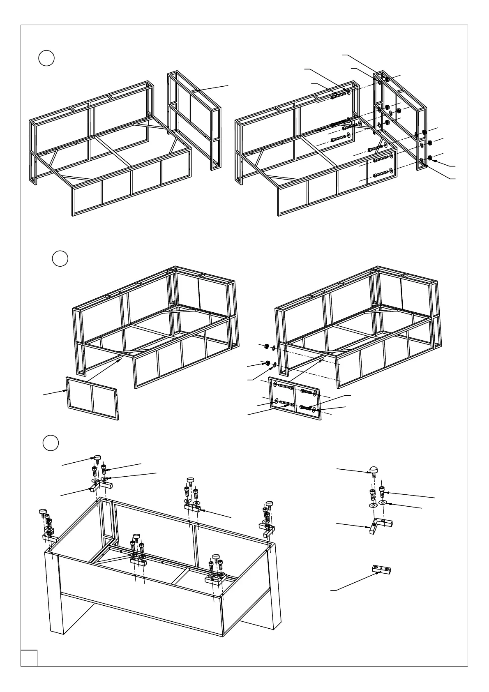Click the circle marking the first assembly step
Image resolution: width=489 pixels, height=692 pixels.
tap(46, 58)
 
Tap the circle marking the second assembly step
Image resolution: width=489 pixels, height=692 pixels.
tap(60, 258)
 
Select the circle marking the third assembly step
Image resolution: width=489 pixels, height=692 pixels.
tap(51, 443)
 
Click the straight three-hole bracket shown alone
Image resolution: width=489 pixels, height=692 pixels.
tap(381, 569)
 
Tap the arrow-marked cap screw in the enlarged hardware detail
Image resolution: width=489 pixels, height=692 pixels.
tap(383, 489)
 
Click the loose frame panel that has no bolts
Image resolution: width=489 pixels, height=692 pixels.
tap(92, 398)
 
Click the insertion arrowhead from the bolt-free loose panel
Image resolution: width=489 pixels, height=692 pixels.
tap(122, 359)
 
